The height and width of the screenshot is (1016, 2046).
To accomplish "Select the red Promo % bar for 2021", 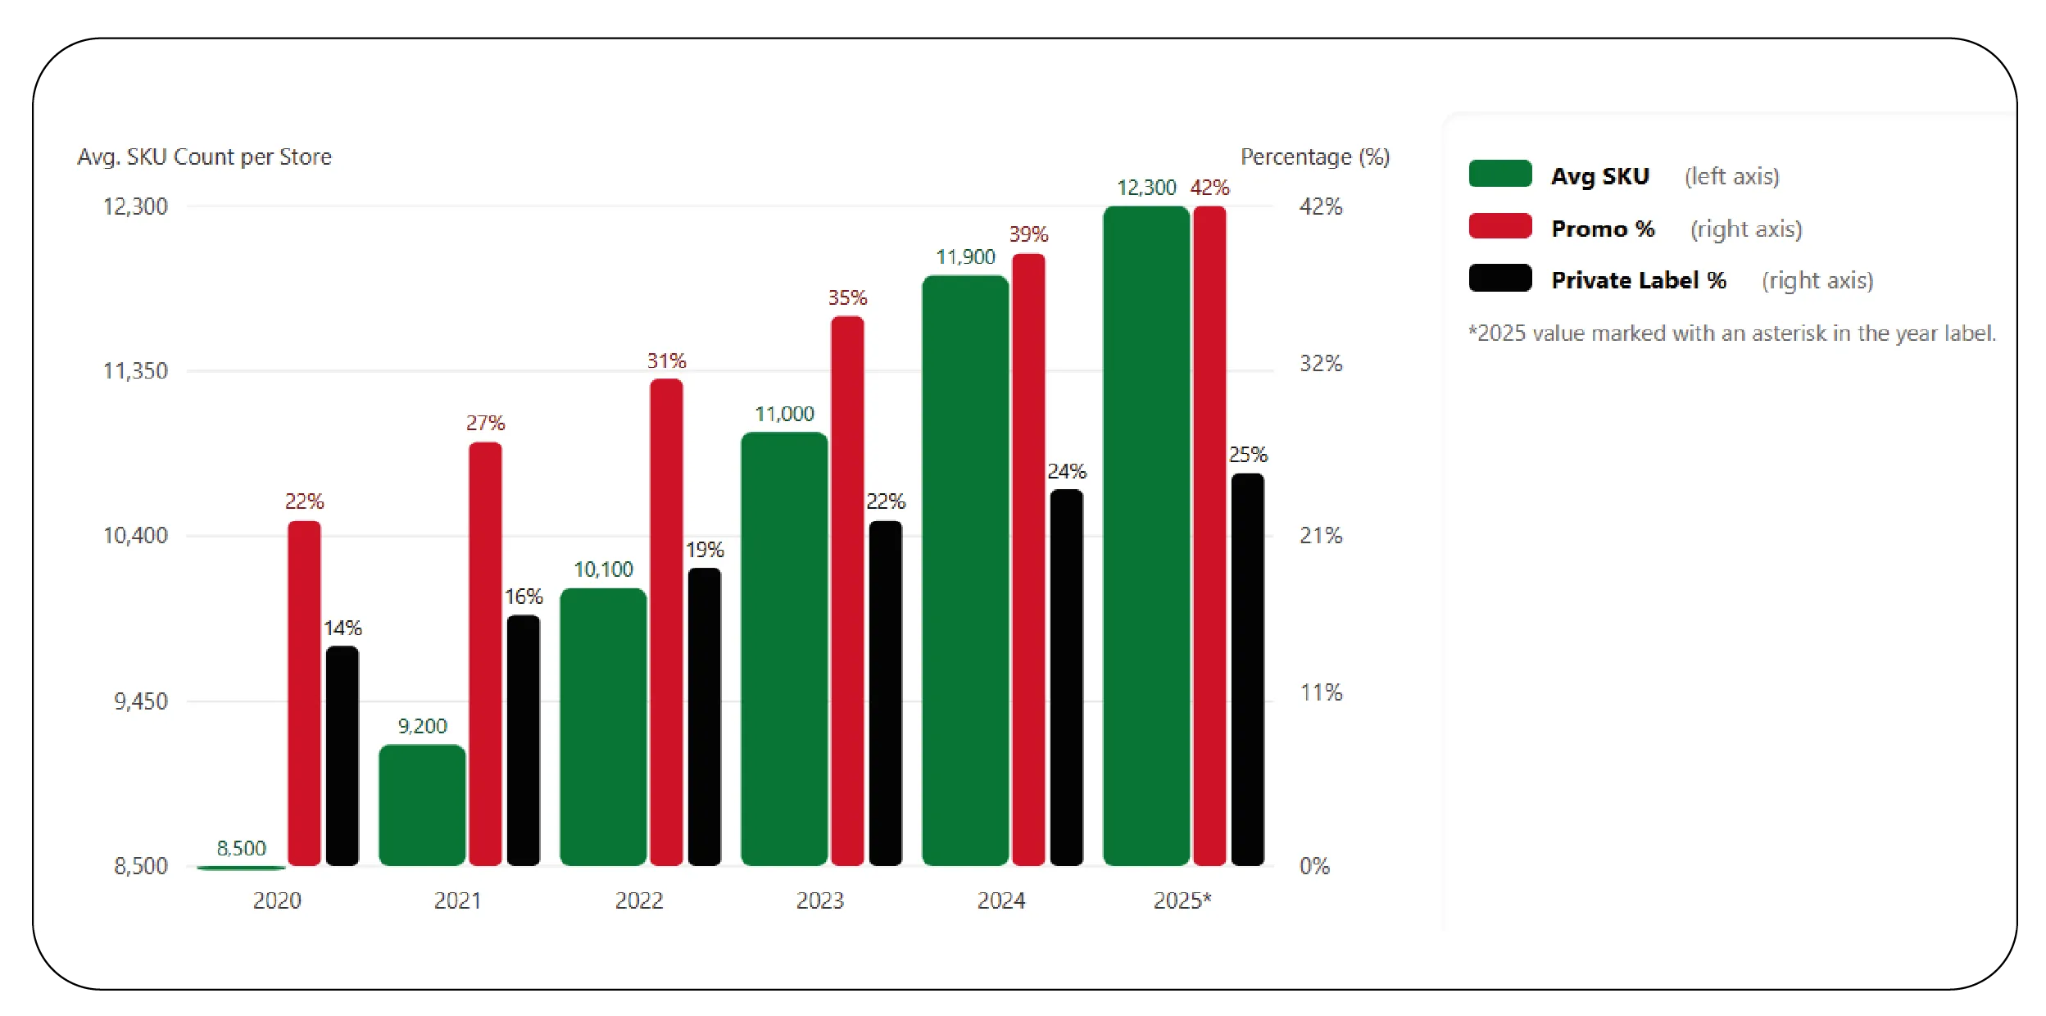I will pos(485,653).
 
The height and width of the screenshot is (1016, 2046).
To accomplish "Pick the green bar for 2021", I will pos(422,805).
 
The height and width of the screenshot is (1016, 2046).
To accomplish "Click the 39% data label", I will pos(1028,234).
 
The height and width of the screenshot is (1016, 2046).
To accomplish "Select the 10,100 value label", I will pos(603,569).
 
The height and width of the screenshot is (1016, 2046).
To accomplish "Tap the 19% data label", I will pos(705,550).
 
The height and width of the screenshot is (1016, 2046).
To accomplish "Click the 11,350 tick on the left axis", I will pos(135,371).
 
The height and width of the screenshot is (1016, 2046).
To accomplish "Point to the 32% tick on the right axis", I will pos(1321,363).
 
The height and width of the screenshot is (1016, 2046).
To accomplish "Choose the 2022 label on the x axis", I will pos(639,900).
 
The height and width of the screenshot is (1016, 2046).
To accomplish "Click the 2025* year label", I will pos(1182,900).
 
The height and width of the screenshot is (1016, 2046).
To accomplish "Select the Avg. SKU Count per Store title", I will pos(204,156).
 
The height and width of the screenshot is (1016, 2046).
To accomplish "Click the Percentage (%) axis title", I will pos(1314,156).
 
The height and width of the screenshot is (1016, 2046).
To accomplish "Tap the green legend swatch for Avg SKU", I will pos(1499,175).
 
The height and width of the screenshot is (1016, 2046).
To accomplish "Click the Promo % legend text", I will pos(1603,229).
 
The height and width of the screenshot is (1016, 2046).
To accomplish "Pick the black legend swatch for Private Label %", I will pos(1499,279).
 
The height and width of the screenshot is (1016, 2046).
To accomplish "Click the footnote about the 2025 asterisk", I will pos(1731,333).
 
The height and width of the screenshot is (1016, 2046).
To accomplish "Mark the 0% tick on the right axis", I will pos(1314,866).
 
